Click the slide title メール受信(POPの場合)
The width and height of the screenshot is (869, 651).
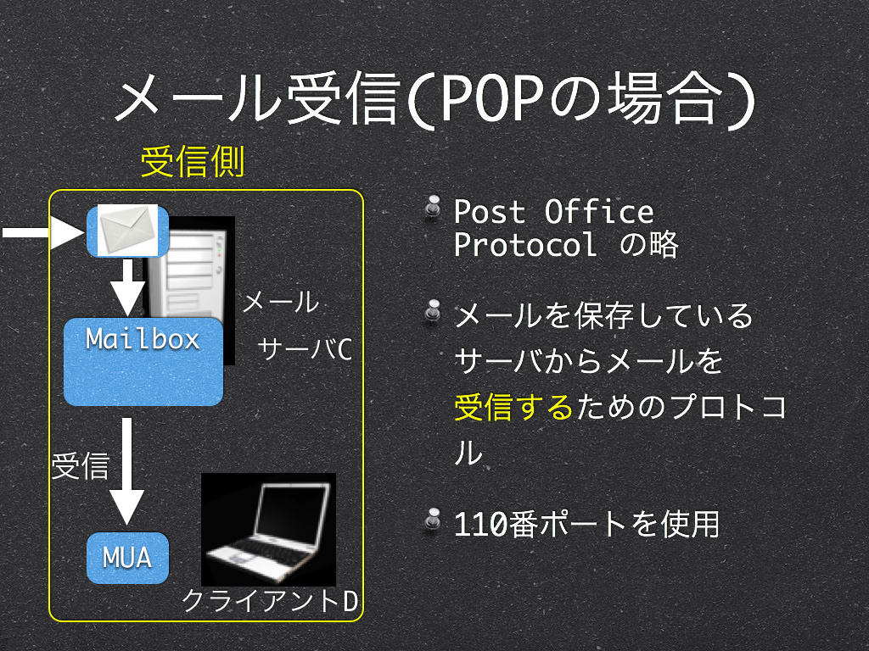435,100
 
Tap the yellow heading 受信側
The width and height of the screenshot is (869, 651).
193,162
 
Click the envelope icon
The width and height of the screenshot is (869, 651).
127,231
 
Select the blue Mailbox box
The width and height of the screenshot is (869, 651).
143,361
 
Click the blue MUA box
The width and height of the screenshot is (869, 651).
127,558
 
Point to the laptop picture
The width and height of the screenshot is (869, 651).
268,529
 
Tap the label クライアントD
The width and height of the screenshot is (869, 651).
270,601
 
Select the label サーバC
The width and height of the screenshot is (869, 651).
305,349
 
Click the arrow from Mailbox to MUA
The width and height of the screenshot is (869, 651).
127,471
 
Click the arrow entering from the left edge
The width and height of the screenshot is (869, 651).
43,232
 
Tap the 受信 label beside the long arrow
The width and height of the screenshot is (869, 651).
81,465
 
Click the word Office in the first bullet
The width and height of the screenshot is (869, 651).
599,212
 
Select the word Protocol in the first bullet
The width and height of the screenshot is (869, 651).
525,244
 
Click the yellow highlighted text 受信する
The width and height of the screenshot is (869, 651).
513,408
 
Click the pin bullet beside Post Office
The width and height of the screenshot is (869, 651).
433,207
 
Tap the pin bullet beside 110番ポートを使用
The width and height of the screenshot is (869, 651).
433,520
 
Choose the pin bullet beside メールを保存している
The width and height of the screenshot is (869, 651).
433,311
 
